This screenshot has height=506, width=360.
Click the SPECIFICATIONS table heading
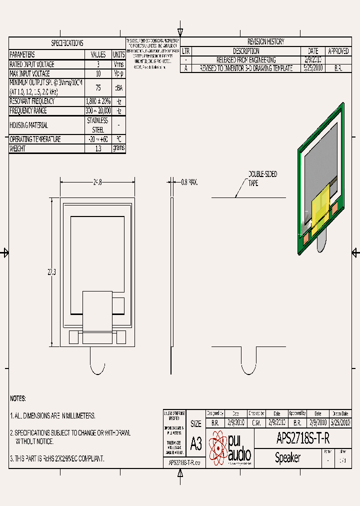pyautogui.click(x=67, y=43)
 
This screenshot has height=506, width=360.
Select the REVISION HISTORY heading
pyautogui.click(x=265, y=42)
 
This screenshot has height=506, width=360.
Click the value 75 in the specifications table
pyautogui.click(x=98, y=87)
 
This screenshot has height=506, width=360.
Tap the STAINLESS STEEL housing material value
pyautogui.click(x=98, y=125)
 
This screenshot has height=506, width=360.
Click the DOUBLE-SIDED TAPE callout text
pyautogui.click(x=262, y=178)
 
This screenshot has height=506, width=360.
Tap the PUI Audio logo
pyautogui.click(x=230, y=448)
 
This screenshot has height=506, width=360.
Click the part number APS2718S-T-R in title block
pyautogui.click(x=303, y=439)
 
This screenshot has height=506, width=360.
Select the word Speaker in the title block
pyautogui.click(x=288, y=457)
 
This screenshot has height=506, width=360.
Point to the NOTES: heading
pyautogui.click(x=18, y=398)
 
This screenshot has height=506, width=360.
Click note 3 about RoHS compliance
pyautogui.click(x=57, y=458)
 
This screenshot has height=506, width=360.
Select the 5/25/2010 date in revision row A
pyautogui.click(x=313, y=68)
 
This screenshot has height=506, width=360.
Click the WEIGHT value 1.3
pyautogui.click(x=98, y=148)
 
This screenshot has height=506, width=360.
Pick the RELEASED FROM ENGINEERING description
pyautogui.click(x=246, y=59)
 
